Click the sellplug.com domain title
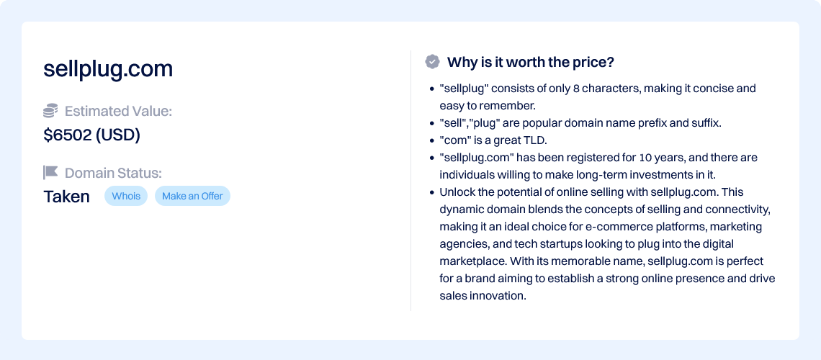click(108, 70)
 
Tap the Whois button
click(126, 197)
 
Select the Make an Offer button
click(192, 197)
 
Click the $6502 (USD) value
click(91, 135)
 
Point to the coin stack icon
click(50, 111)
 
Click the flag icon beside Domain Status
click(50, 172)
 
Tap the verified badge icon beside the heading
click(432, 62)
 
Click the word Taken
click(66, 197)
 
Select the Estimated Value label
click(118, 112)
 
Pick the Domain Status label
click(113, 173)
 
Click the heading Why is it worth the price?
click(530, 62)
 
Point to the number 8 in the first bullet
click(576, 89)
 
